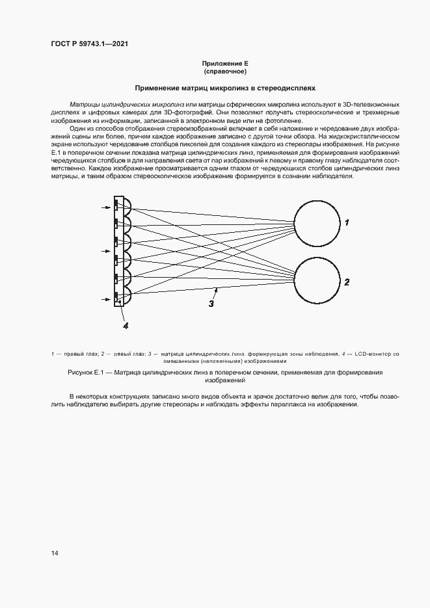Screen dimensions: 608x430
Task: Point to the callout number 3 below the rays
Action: [211, 302]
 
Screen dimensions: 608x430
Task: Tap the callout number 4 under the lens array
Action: [126, 324]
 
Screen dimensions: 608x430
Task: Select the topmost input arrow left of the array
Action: [107, 207]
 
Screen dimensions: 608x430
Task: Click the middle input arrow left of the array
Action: [107, 250]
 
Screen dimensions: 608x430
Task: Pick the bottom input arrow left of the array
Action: [107, 299]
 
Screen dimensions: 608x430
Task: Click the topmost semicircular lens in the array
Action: [127, 206]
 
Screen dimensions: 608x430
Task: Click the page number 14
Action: [55, 553]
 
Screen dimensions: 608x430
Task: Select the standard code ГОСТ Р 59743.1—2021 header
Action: [89, 44]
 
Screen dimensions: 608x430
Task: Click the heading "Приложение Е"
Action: [225, 63]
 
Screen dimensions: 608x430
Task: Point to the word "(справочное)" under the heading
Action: [225, 71]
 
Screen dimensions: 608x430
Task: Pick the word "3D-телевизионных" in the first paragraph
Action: [371, 104]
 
